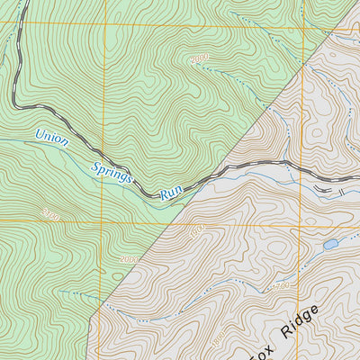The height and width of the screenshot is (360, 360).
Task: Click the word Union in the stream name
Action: point(50,139)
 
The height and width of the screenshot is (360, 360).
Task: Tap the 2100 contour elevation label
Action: point(49,215)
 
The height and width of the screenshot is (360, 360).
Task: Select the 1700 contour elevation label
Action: point(281,287)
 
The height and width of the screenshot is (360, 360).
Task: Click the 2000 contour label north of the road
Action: point(200,59)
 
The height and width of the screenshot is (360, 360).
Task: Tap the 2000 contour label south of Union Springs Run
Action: point(130,259)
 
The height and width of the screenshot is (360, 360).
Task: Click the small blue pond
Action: point(330,244)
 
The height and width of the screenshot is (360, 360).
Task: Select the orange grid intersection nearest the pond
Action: point(302,222)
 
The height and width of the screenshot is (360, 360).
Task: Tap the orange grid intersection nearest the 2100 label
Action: point(102,222)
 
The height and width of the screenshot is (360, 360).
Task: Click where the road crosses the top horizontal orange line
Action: point(21,24)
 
